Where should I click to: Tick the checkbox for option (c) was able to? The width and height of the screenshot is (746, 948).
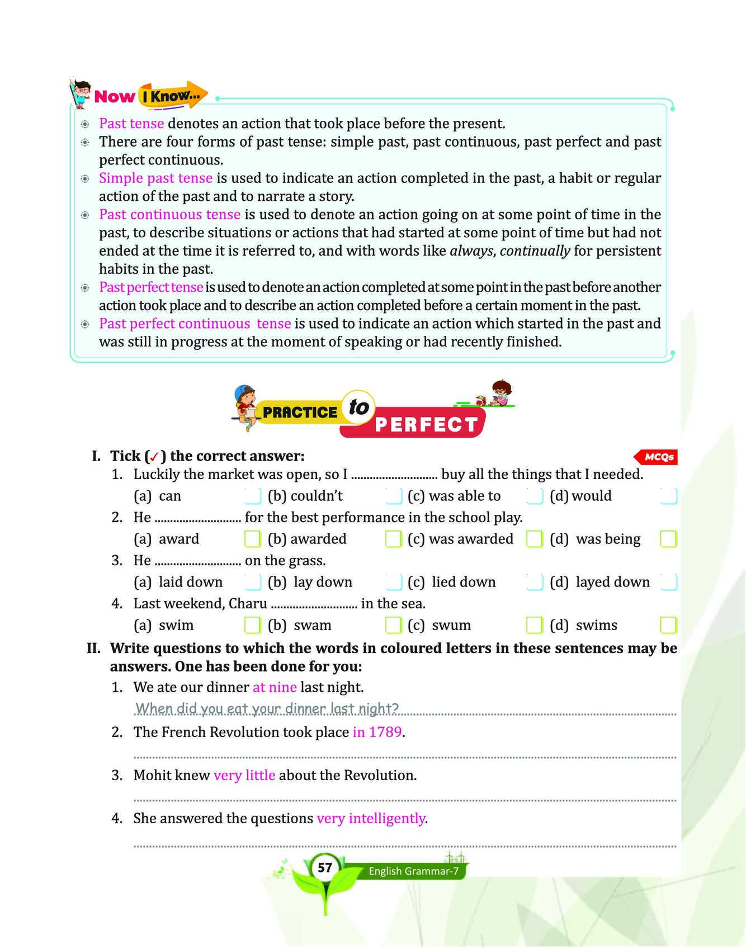[535, 496]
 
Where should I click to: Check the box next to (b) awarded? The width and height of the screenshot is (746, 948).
[393, 539]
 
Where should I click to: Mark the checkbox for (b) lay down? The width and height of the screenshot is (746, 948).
[393, 582]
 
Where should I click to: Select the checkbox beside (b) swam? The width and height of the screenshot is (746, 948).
[393, 625]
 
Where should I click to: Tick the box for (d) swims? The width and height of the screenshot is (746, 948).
[668, 625]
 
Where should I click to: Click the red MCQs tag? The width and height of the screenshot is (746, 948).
[658, 457]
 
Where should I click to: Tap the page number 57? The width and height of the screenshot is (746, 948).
[325, 868]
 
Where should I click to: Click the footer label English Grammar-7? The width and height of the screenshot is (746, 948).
[413, 871]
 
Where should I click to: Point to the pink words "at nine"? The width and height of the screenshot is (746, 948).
[275, 687]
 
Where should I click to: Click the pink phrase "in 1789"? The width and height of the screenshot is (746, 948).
[377, 732]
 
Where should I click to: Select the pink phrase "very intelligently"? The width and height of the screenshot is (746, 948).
[371, 818]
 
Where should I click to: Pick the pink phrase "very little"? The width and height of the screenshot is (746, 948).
[244, 775]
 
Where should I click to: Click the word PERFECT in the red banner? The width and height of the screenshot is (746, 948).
[426, 425]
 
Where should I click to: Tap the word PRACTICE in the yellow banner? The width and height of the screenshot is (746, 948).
[300, 412]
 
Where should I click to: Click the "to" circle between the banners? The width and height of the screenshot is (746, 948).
[358, 407]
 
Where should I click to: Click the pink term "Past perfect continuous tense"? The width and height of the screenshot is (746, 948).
[195, 323]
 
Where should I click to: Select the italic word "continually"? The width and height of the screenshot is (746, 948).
[535, 251]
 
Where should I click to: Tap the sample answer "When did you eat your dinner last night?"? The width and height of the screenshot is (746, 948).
[267, 708]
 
